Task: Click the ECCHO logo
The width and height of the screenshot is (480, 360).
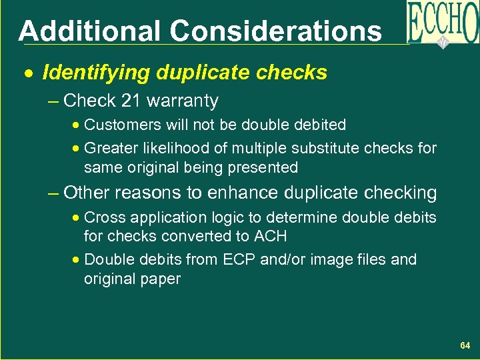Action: coord(442,23)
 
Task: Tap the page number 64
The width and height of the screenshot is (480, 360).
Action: coord(465,346)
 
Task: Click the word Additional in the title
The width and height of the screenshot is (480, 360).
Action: coord(89,31)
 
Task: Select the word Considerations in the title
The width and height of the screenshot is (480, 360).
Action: coord(275,31)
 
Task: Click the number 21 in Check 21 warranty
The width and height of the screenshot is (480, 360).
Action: coord(131,101)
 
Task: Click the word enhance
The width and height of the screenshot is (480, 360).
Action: coord(237,193)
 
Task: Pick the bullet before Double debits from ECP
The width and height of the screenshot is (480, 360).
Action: coord(78,259)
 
